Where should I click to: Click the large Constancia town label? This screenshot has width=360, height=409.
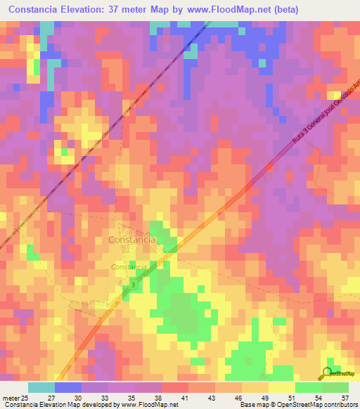pos(132,240)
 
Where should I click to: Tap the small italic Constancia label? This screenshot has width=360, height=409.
pos(129,267)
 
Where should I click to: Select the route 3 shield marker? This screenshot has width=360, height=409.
pos(134,285)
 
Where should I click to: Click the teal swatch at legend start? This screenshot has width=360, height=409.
pos(41,387)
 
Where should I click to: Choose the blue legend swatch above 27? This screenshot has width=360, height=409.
pos(68,387)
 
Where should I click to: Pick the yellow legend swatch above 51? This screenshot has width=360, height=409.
pos(281,387)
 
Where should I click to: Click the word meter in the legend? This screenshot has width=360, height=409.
pos(11,397)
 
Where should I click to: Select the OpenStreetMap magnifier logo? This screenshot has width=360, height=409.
pos(327,372)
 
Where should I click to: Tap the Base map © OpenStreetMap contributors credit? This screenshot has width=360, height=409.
pos(297,405)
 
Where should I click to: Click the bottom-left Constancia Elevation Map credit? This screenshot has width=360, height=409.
pos(89,405)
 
